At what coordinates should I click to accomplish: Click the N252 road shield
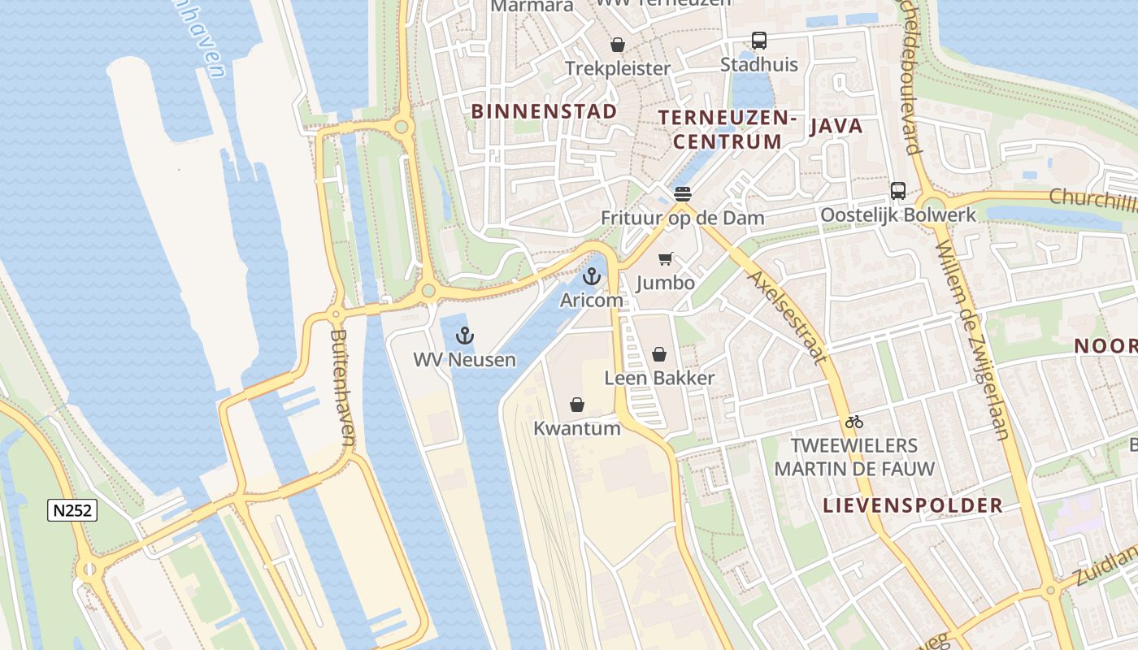pos(72,510)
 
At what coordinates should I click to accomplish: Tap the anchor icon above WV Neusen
pos(464,336)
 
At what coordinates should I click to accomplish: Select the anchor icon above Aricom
pos(592,276)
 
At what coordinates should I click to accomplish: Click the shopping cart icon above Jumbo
pos(666,259)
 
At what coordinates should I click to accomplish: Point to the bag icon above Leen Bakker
pos(659,354)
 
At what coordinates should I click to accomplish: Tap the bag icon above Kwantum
pos(577,405)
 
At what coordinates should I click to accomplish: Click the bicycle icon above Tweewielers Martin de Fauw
pos(853,422)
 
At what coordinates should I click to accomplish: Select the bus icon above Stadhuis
pos(759,41)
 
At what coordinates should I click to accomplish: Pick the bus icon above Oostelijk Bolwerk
pos(898,191)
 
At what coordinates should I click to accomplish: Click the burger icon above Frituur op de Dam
pos(682,194)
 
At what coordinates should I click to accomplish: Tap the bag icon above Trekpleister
pos(618,45)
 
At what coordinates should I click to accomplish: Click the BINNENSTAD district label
pos(544,111)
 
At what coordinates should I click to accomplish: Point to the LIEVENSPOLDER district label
pos(913,505)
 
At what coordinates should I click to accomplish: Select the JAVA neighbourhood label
pos(836,126)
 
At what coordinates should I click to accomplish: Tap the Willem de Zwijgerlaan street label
pos(972,341)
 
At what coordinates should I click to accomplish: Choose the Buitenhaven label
pos(344,388)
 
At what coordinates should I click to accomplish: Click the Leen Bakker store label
pos(659,378)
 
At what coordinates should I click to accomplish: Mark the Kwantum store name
pos(577,428)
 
